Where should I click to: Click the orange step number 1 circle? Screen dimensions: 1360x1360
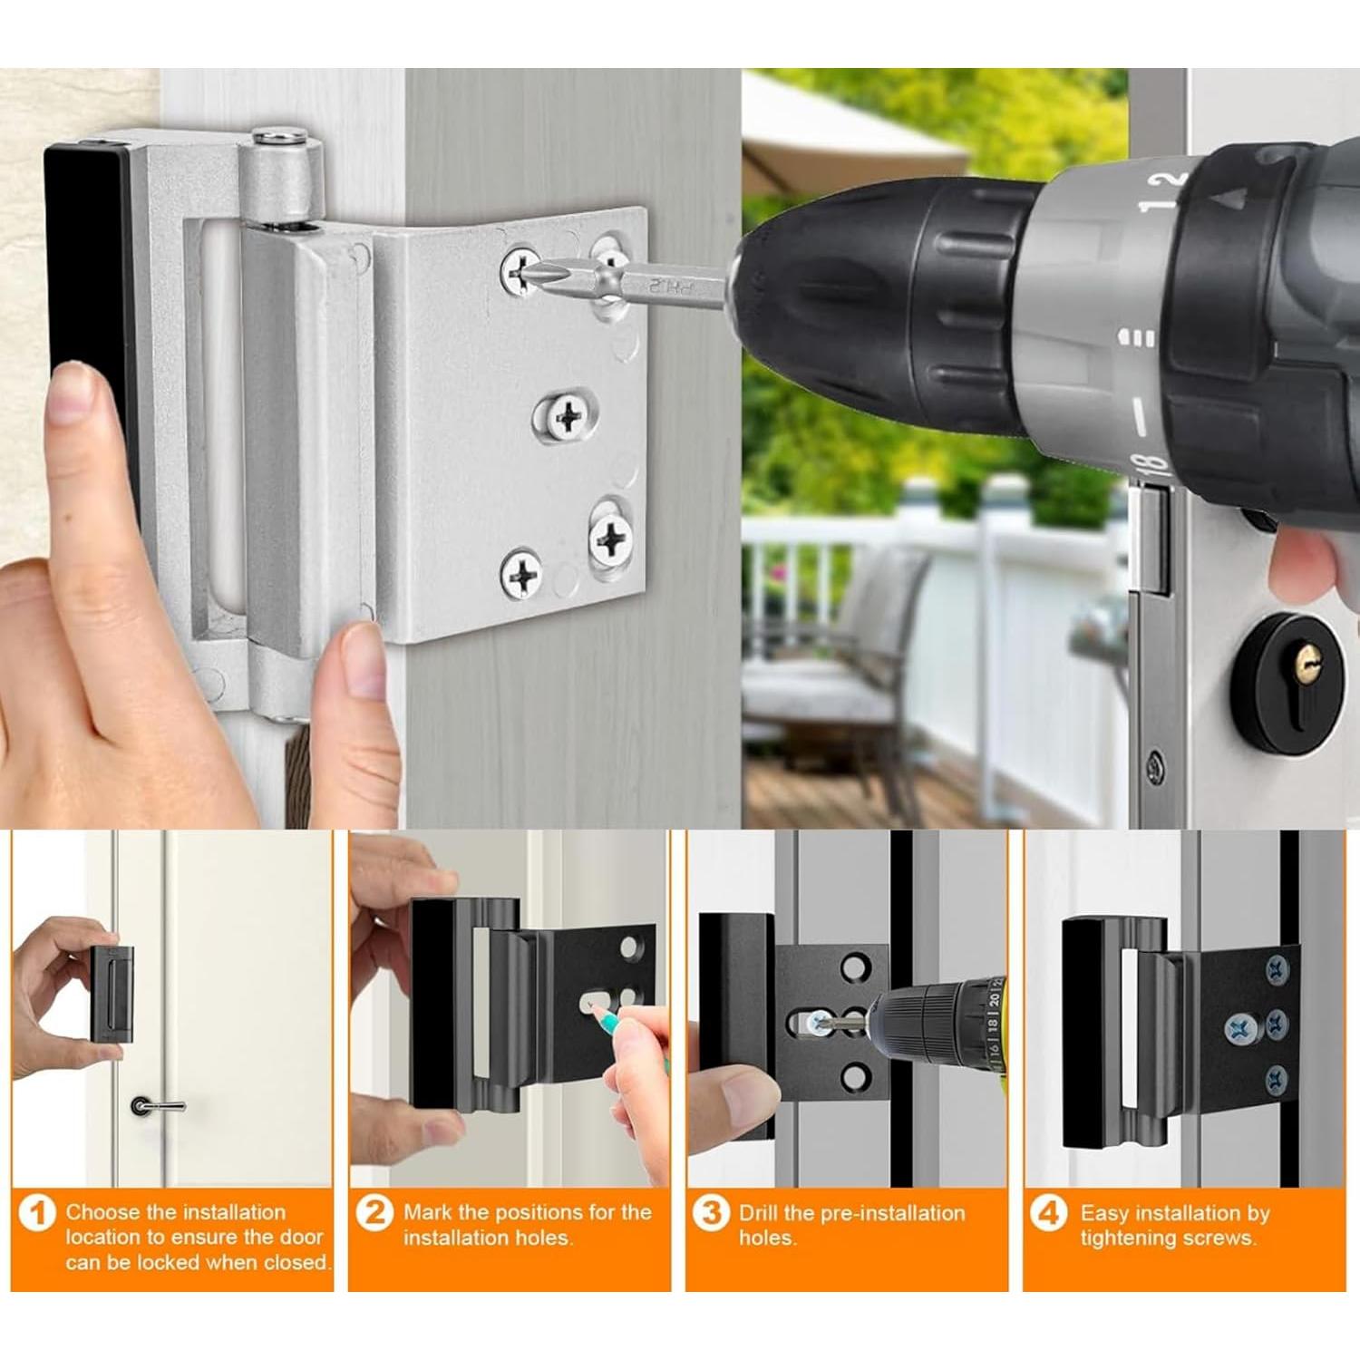click(37, 1213)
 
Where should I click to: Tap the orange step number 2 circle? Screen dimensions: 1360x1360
click(374, 1213)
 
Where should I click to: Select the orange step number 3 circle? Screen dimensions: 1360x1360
click(712, 1213)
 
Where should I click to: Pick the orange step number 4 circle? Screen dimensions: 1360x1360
click(1049, 1213)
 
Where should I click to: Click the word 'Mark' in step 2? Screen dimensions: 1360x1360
click(428, 1212)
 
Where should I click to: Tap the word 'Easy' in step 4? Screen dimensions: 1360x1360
click(1103, 1213)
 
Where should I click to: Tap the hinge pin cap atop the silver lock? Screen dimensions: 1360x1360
click(279, 138)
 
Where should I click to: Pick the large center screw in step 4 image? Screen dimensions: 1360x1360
click(1239, 1028)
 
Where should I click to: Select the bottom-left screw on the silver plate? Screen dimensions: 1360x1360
click(521, 573)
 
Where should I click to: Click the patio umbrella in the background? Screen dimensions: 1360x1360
click(843, 136)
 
